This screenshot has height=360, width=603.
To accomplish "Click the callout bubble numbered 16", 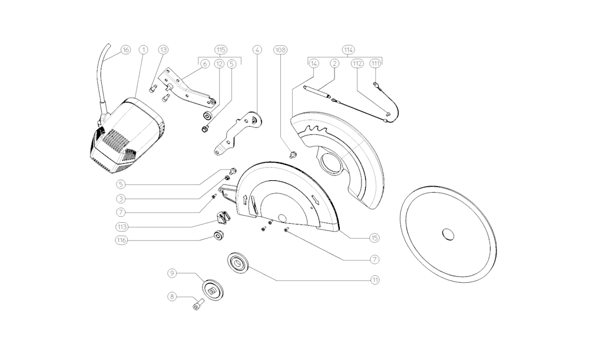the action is [x=125, y=50].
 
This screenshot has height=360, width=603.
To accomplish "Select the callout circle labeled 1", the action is [x=144, y=50].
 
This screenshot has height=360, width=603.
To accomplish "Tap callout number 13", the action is [x=164, y=50].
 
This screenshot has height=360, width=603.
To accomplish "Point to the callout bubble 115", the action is [x=221, y=50].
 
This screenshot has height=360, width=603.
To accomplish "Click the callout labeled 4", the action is [x=257, y=50].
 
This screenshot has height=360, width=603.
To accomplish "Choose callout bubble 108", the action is [x=280, y=50].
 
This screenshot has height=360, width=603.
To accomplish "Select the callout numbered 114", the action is [x=349, y=50].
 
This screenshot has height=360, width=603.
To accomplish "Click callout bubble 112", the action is [x=357, y=64].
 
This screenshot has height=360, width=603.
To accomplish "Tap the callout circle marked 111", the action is [x=376, y=64].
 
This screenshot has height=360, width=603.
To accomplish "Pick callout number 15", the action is [x=374, y=238].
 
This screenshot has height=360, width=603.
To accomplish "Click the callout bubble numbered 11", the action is [x=375, y=280].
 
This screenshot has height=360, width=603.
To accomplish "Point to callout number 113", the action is [x=122, y=227].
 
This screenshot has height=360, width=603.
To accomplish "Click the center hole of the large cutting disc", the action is [x=448, y=234].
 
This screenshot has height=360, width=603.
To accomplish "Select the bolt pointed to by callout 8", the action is [x=197, y=305].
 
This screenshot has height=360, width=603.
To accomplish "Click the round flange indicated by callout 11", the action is [x=238, y=263].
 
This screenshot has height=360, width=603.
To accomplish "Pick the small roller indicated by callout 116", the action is [x=219, y=236].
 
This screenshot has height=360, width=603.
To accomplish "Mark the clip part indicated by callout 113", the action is [x=223, y=217].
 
